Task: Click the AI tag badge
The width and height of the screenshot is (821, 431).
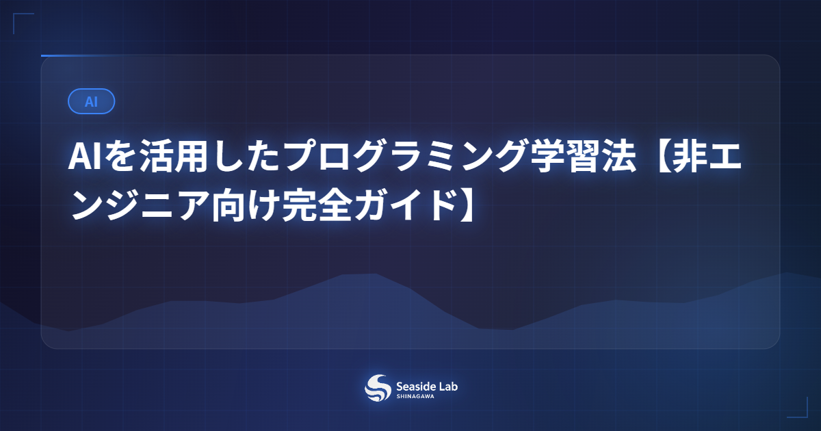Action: pyautogui.click(x=91, y=101)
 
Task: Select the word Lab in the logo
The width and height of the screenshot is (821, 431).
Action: pyautogui.click(x=448, y=386)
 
